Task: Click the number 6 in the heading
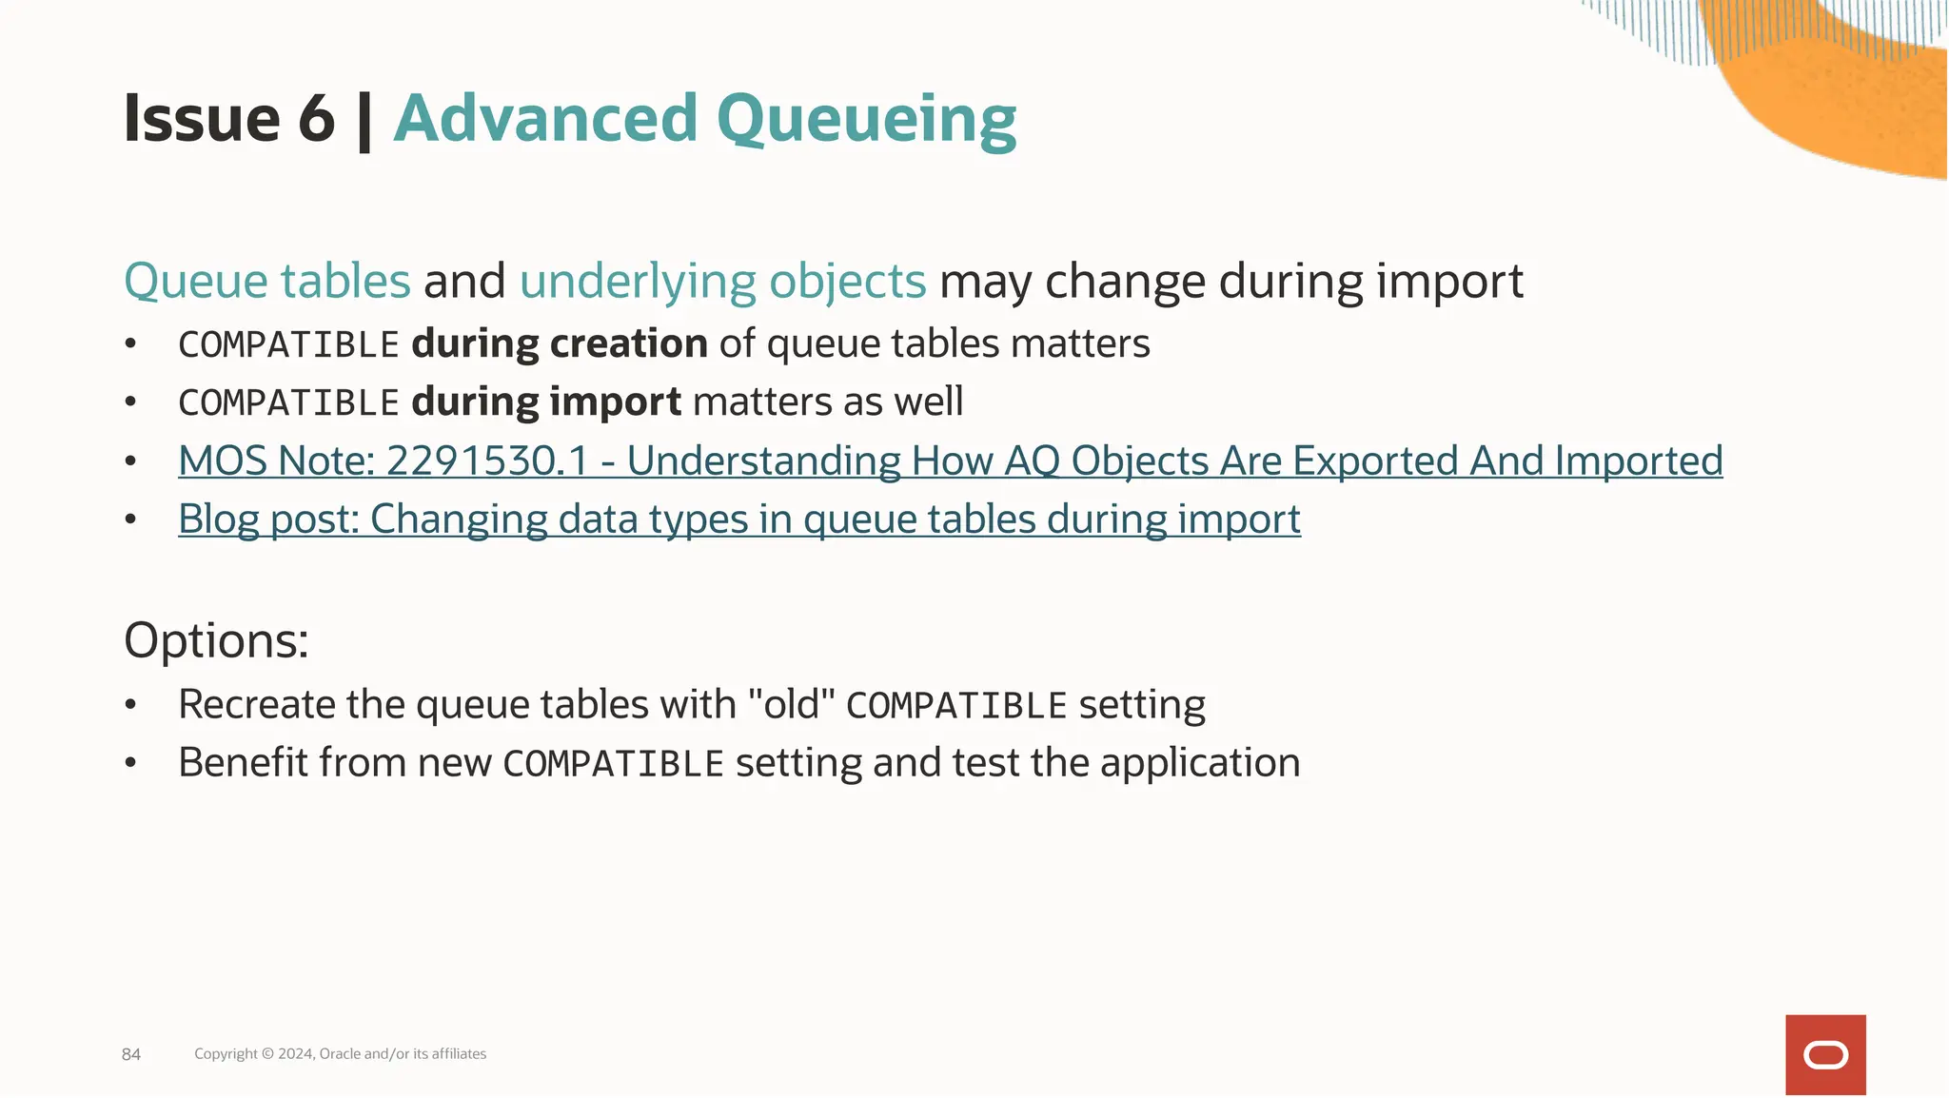(x=316, y=120)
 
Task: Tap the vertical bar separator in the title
(x=364, y=122)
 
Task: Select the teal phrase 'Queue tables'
(x=267, y=282)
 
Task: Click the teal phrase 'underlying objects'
(x=722, y=282)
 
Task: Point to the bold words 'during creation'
(x=559, y=343)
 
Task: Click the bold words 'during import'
(x=545, y=402)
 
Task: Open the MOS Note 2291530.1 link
(x=949, y=461)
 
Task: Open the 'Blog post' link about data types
(x=738, y=520)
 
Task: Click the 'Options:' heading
(x=216, y=639)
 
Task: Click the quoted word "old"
(x=791, y=705)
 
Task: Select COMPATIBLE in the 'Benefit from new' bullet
(x=613, y=764)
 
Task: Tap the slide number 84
(x=131, y=1054)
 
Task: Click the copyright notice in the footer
(x=340, y=1054)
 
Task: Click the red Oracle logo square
(x=1824, y=1054)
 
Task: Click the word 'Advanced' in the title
(x=545, y=120)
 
